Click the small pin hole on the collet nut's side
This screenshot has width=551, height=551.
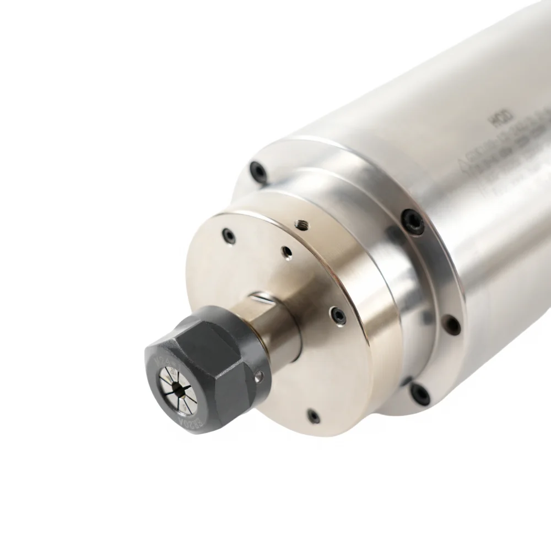click(259, 376)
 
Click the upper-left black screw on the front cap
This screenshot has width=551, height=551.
click(229, 236)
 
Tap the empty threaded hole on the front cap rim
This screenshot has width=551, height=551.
click(301, 224)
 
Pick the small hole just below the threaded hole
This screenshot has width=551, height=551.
click(286, 252)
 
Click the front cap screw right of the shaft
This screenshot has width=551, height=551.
click(337, 316)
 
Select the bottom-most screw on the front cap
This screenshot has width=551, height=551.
click(313, 416)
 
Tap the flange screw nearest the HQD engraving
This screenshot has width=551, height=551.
click(413, 222)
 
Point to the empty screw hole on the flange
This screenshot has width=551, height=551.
click(452, 325)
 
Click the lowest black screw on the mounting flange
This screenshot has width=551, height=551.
click(420, 393)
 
